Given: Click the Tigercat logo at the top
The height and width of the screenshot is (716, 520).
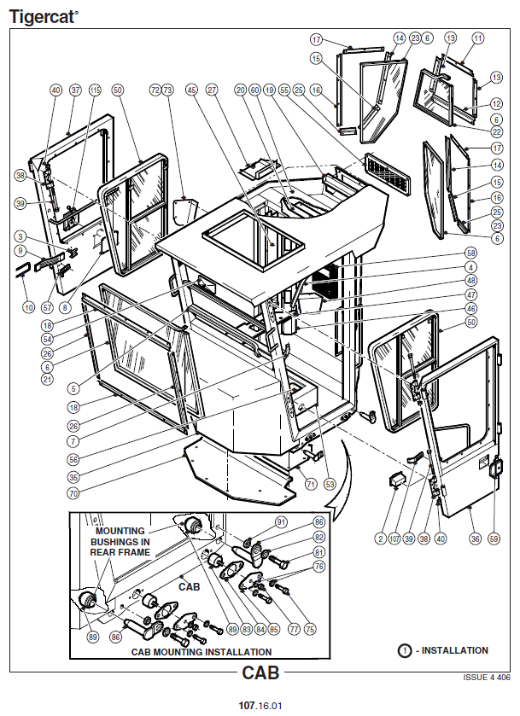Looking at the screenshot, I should pyautogui.click(x=43, y=15).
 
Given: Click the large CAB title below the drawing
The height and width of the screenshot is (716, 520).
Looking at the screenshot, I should pyautogui.click(x=260, y=672).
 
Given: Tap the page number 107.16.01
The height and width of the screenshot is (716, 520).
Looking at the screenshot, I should pyautogui.click(x=260, y=706).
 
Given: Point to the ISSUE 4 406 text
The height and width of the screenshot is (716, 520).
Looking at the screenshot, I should pyautogui.click(x=486, y=677).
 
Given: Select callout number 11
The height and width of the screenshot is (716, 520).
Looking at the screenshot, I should pyautogui.click(x=477, y=38).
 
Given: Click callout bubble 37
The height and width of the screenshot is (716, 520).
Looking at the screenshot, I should pyautogui.click(x=74, y=90).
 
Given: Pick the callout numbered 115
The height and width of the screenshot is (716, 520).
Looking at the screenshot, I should pyautogui.click(x=95, y=90).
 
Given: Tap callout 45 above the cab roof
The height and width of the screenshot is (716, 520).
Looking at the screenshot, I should pyautogui.click(x=191, y=90).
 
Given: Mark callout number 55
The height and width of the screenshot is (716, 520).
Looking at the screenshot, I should pyautogui.click(x=284, y=90).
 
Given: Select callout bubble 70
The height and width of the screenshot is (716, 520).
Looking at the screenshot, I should pyautogui.click(x=73, y=492).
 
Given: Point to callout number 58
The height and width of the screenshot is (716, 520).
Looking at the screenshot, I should pyautogui.click(x=470, y=253).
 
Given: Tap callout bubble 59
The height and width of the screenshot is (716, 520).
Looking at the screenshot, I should pyautogui.click(x=494, y=538).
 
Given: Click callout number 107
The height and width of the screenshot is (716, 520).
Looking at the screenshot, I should pyautogui.click(x=394, y=538).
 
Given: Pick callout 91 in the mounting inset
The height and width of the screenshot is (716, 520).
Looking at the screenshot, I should pyautogui.click(x=281, y=521).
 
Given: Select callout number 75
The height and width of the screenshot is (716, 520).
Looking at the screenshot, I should pyautogui.click(x=310, y=628).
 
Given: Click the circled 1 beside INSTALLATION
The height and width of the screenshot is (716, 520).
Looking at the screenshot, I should pyautogui.click(x=405, y=650).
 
